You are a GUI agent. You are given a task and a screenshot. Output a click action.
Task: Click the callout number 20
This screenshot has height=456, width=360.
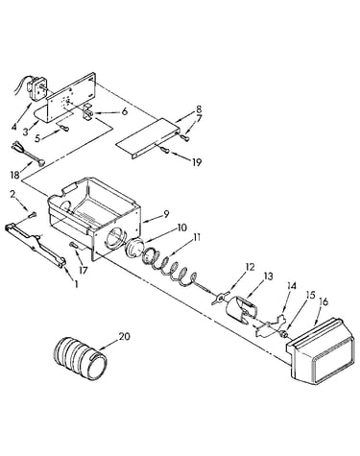point(125,336)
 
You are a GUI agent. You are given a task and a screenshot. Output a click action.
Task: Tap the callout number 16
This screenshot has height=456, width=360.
point(324,301)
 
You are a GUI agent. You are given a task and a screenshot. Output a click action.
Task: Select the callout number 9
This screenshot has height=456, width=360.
point(166,214)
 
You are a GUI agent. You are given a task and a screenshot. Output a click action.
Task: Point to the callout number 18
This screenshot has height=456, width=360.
point(15,175)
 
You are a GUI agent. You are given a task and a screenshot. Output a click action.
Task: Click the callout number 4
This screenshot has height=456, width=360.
point(13,127)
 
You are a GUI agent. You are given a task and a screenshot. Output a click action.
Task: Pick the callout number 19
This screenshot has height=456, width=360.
point(197,162)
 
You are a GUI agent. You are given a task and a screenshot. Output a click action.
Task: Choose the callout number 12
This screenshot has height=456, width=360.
point(250,267)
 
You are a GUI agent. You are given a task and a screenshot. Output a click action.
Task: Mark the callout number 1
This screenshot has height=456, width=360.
point(76,284)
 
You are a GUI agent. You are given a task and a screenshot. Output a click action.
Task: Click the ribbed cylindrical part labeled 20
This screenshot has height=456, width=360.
point(80,357)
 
